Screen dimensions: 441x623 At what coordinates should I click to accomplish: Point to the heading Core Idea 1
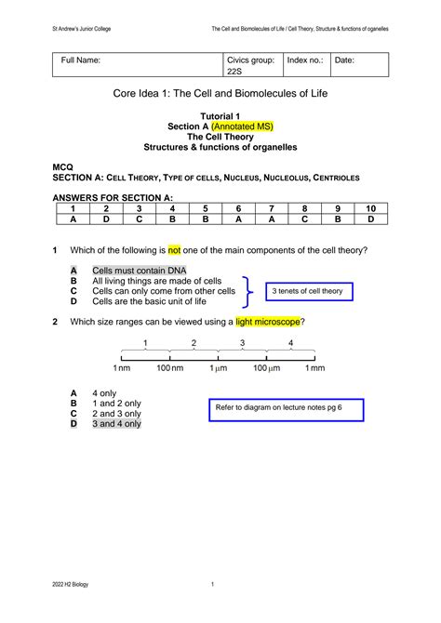coord(220,95)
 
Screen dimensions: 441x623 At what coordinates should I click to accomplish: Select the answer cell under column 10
coord(370,219)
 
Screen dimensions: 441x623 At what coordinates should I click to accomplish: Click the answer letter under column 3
coord(139,219)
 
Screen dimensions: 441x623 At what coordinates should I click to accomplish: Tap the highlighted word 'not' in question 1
coord(173,250)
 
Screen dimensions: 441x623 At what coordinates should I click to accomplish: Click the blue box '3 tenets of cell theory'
coord(307,291)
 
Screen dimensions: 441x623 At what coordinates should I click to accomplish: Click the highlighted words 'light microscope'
coord(269,322)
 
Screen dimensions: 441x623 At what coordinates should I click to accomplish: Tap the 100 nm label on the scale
coord(169,369)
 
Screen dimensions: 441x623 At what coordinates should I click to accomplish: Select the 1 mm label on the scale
coord(315,369)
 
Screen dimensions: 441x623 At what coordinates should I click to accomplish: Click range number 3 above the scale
coord(242,343)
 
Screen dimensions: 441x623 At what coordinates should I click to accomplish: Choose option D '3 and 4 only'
coord(116,423)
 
